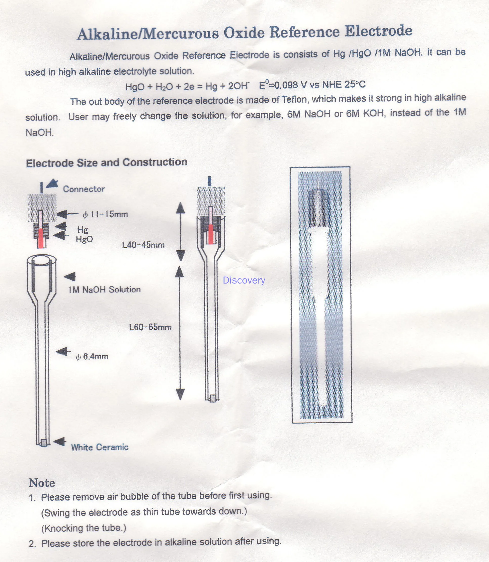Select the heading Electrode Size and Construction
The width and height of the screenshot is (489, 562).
coord(106,163)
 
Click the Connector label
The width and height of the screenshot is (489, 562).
coord(84,189)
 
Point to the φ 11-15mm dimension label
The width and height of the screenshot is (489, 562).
coord(105,214)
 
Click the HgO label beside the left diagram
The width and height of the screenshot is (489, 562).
coord(84,239)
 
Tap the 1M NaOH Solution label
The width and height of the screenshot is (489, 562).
coord(104,289)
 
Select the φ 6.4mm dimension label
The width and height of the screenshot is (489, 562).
coord(92,356)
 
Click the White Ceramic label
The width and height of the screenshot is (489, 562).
coord(100,447)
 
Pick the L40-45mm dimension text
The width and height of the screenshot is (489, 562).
coord(143,245)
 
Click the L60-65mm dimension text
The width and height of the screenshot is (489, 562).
coord(150,327)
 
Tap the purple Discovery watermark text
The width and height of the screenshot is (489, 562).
coord(244,280)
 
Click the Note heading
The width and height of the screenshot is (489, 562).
coord(42,483)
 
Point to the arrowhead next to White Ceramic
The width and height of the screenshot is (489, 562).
coord(59,441)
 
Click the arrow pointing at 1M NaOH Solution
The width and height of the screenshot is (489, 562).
coord(70,276)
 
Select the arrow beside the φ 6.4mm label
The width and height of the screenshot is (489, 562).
coord(63,352)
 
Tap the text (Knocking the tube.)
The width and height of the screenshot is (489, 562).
coord(84,528)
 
